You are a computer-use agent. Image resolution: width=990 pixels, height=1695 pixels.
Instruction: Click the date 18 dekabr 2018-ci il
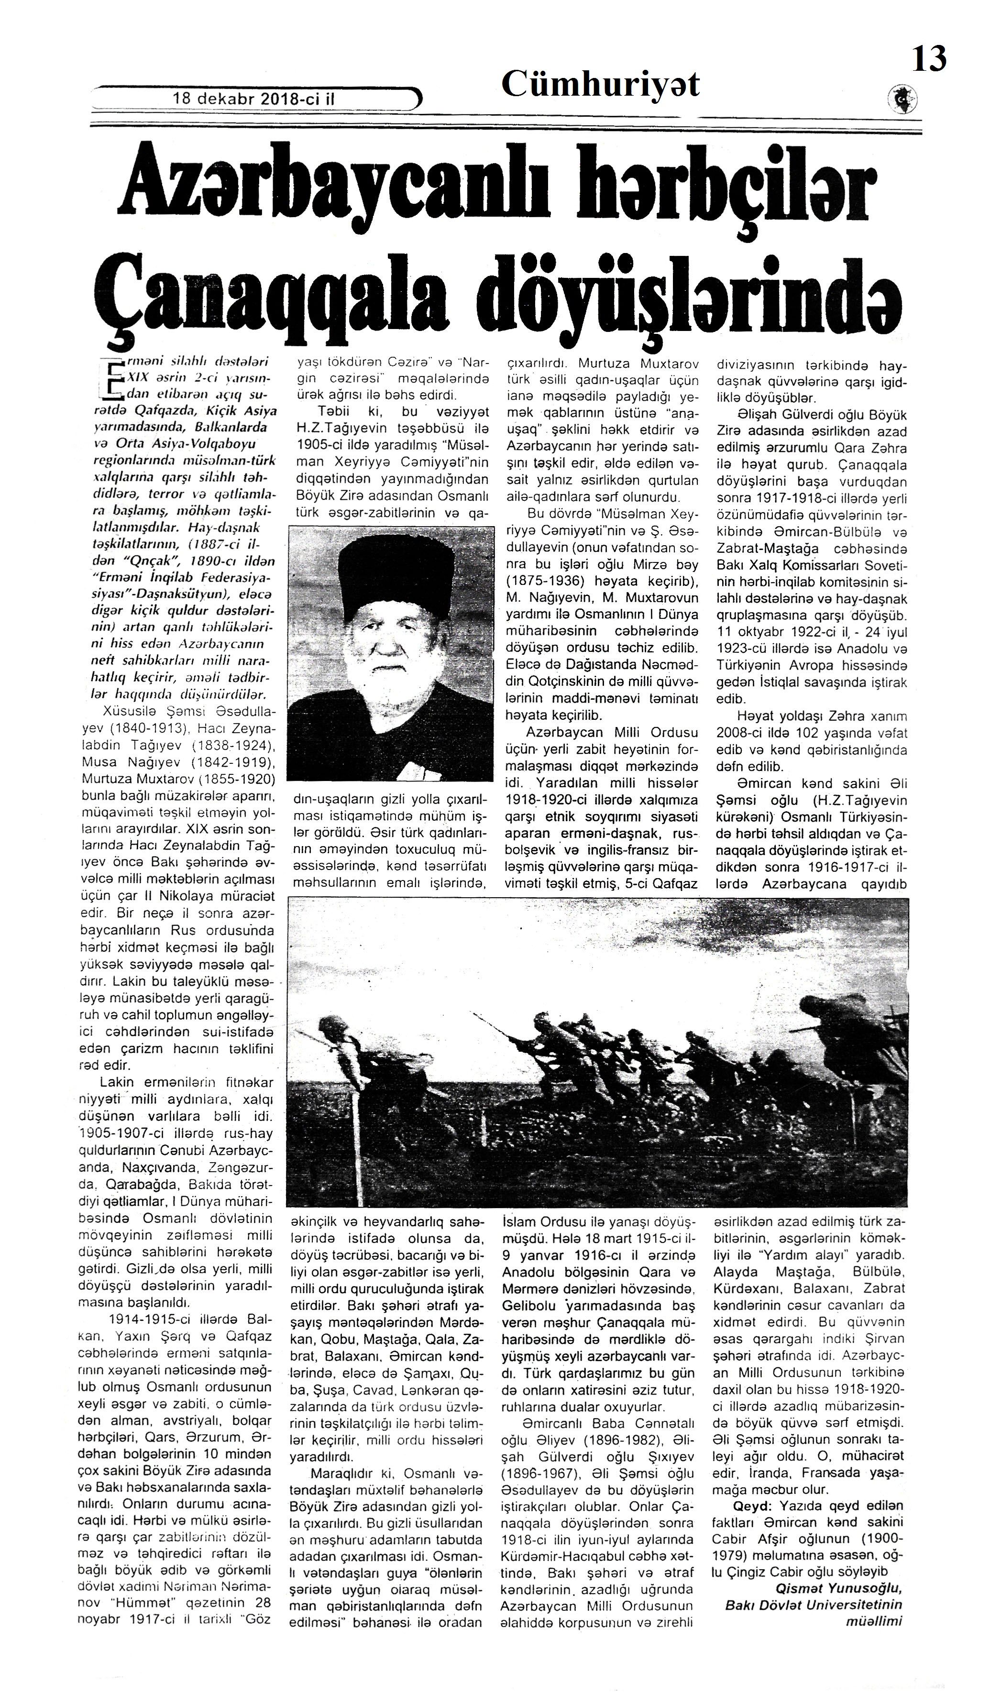pos(253,98)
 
